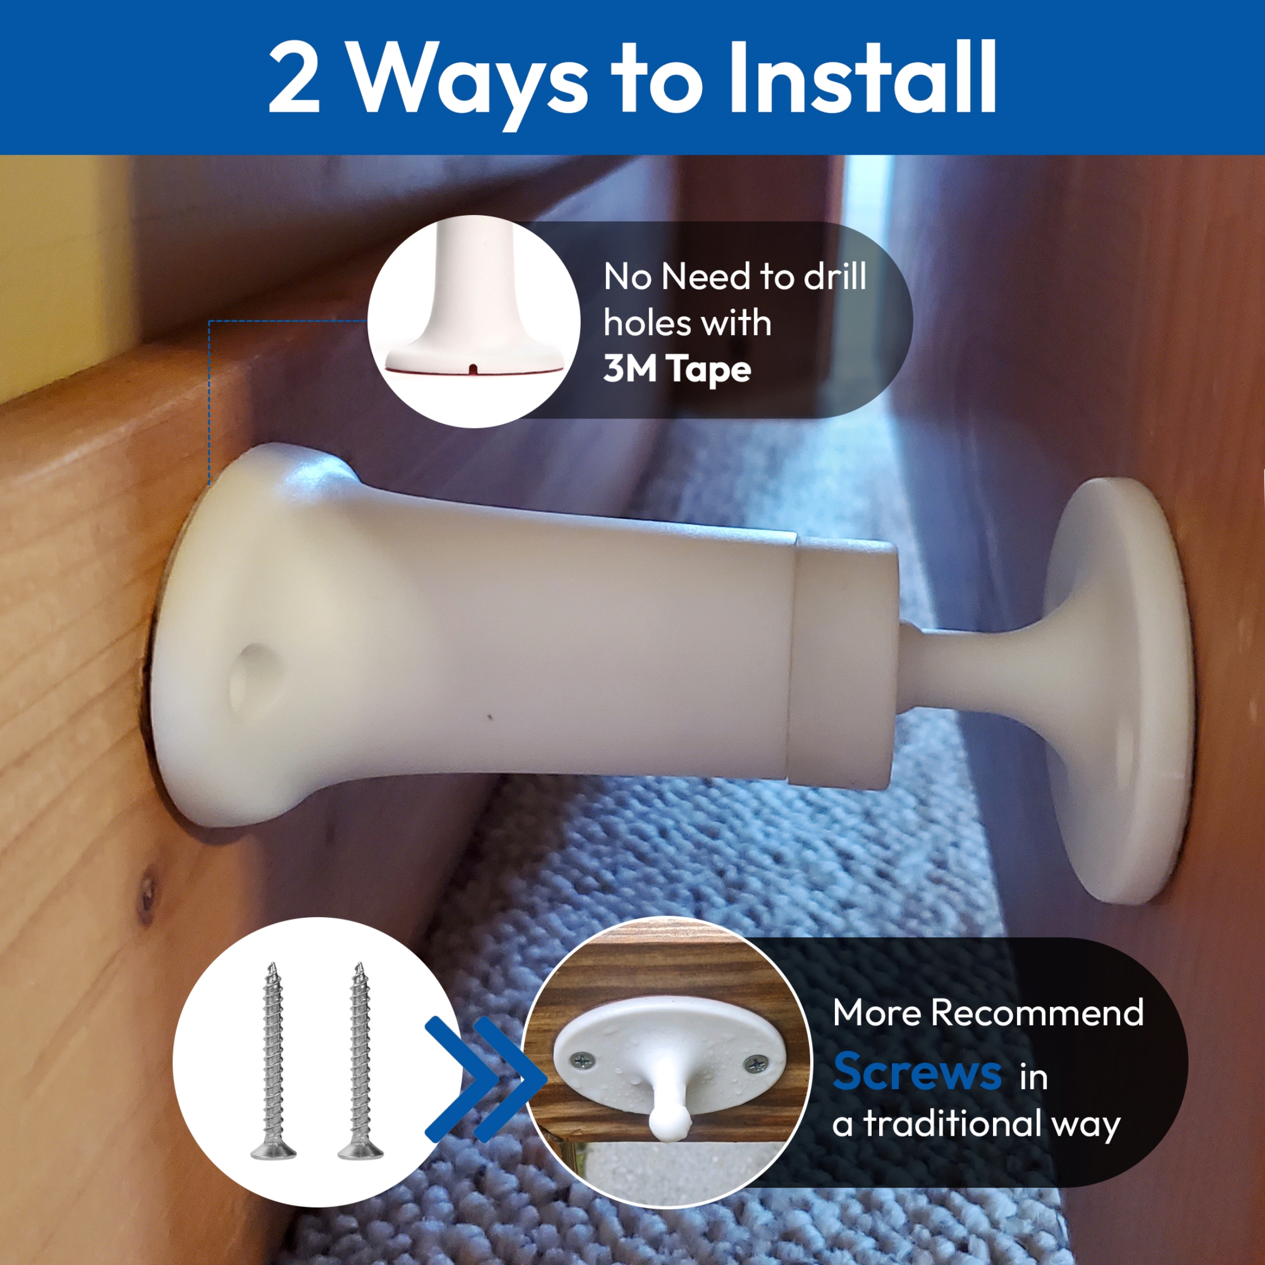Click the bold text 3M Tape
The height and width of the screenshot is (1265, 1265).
click(676, 370)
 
